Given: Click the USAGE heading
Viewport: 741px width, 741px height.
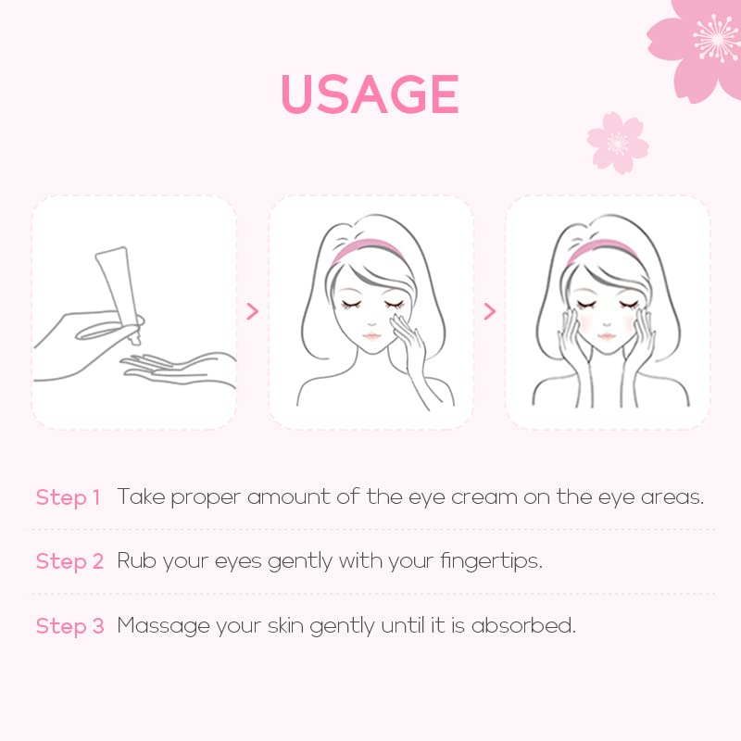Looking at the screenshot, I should coord(370,94).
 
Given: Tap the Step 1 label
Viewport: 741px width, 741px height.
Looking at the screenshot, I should coord(68,497).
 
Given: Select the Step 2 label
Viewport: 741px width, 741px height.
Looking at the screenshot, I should coord(69,561).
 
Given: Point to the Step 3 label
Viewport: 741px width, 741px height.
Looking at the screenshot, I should coord(69,626).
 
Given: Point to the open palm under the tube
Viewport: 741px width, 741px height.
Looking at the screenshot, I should coord(176,368).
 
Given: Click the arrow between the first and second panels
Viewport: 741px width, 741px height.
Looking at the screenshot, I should coord(252,312).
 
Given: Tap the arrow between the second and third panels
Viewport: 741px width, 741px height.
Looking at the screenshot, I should coord(489,312).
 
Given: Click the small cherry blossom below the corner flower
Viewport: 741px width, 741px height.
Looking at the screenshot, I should coord(617,143).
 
